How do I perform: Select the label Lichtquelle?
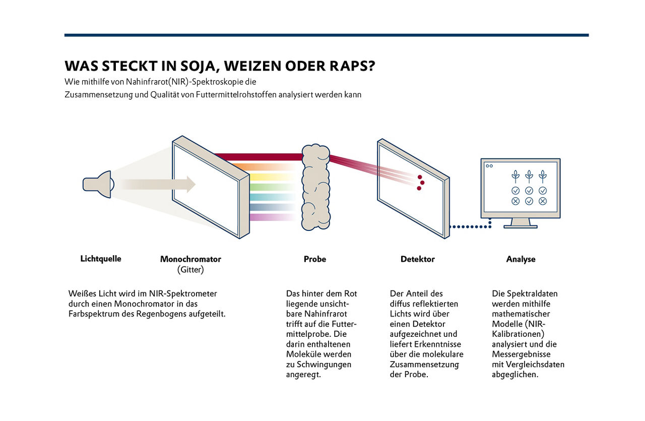tap(101, 259)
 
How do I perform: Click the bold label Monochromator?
tap(190, 259)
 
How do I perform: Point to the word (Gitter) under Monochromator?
tap(190, 270)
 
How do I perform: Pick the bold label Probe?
tap(315, 259)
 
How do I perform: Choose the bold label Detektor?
tap(417, 259)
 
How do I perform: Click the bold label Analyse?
tap(521, 259)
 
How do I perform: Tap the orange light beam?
tap(267, 166)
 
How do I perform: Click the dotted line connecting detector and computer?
tap(470, 227)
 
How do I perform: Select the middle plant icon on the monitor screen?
tap(529, 176)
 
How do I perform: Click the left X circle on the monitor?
tap(515, 201)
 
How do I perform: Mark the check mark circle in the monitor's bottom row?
tap(529, 201)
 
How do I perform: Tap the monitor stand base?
tap(521, 226)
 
